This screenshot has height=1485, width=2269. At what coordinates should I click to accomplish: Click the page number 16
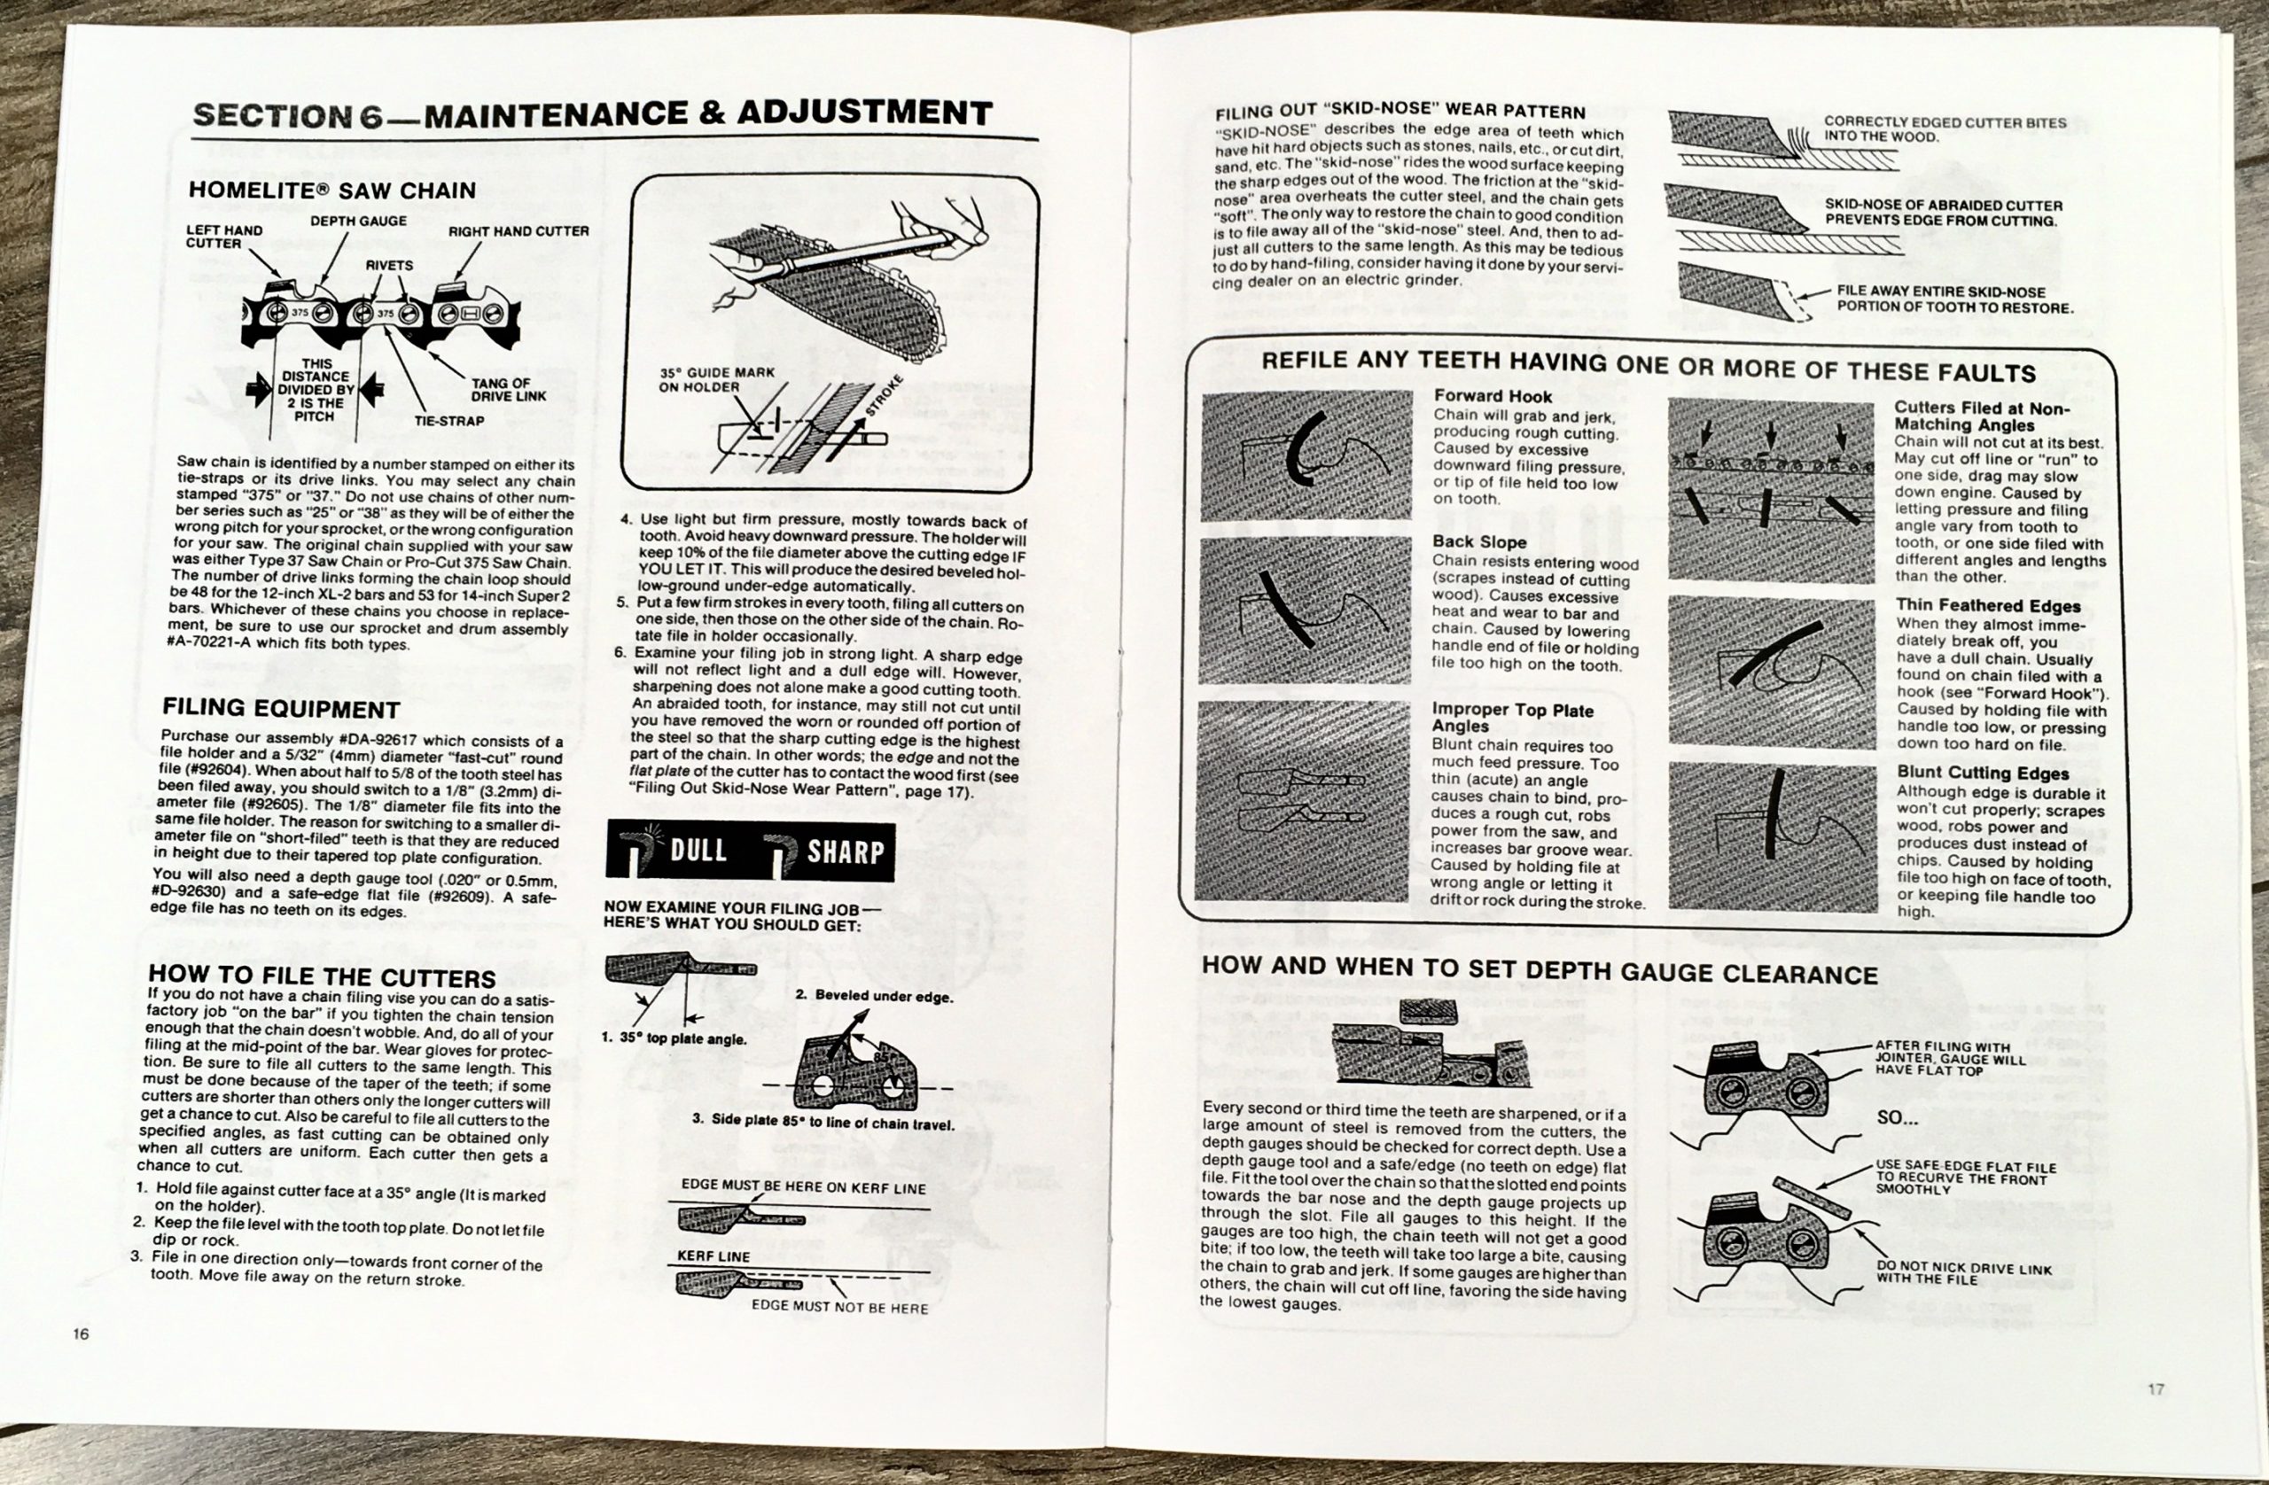81,1333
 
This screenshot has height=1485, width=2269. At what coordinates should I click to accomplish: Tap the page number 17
2156,1388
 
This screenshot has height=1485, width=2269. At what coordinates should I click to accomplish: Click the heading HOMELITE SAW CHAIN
331,190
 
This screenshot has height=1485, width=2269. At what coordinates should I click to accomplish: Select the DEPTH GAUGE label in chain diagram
358,222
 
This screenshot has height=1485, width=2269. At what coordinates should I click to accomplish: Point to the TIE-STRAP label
449,420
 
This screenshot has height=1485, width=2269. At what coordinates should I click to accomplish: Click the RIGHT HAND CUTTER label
519,230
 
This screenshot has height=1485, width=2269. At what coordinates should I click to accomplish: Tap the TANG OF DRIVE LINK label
508,390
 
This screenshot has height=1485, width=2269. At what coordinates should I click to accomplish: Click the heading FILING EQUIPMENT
280,709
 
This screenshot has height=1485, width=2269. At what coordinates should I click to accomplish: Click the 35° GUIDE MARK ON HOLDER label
717,379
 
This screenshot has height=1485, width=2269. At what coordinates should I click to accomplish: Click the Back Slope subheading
1479,542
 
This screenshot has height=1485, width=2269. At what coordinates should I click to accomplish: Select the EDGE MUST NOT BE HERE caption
839,1308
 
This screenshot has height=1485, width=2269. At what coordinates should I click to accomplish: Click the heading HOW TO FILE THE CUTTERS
323,978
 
